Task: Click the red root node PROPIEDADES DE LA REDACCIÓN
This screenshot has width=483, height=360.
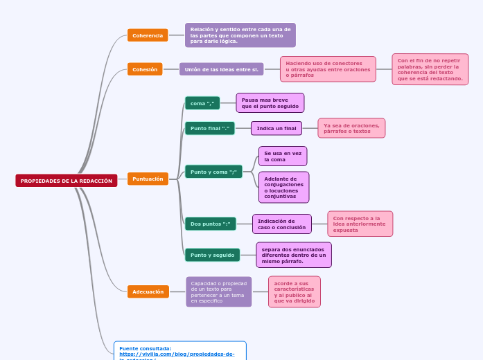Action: pos(67,181)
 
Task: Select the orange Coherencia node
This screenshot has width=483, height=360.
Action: pos(148,35)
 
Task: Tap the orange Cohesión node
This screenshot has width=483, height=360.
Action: pos(145,69)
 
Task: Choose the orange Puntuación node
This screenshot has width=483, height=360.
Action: pos(148,179)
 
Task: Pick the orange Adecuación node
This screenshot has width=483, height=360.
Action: pos(148,291)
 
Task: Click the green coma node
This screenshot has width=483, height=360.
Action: pos(202,103)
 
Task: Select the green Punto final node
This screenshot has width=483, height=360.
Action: pos(209,128)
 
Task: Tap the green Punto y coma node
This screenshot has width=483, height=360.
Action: pos(213,172)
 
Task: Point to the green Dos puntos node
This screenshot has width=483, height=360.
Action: pos(210,224)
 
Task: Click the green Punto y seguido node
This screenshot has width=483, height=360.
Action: pos(212,255)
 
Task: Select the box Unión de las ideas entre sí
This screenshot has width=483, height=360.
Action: pos(221,69)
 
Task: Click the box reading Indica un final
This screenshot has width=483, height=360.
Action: pos(276,128)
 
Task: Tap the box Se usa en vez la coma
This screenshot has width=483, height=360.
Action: pos(283,156)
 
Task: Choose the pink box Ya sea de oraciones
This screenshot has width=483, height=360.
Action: pos(351,128)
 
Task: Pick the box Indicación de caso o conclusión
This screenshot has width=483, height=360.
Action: pos(281,224)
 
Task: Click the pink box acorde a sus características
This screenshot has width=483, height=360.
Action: pos(294,292)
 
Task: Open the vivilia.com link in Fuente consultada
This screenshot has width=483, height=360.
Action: pos(177,354)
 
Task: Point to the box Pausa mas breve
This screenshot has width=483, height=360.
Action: pos(270,103)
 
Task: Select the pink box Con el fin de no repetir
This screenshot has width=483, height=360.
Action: pos(430,69)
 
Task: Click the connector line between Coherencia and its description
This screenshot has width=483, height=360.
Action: pos(177,35)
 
